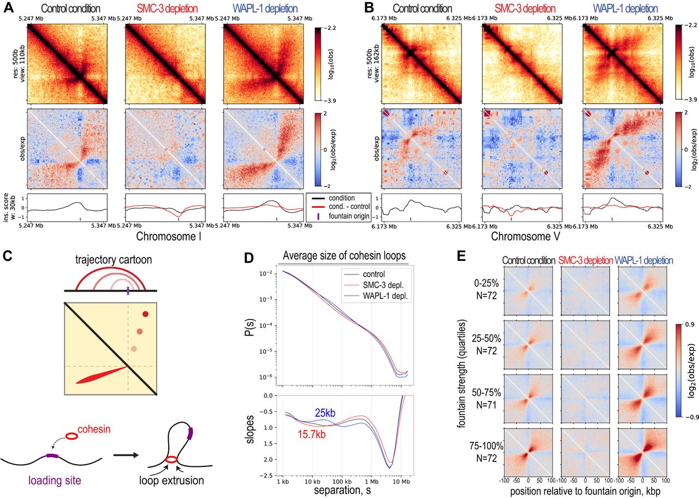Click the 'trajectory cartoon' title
(128, 263)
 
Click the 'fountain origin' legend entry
(342, 218)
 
